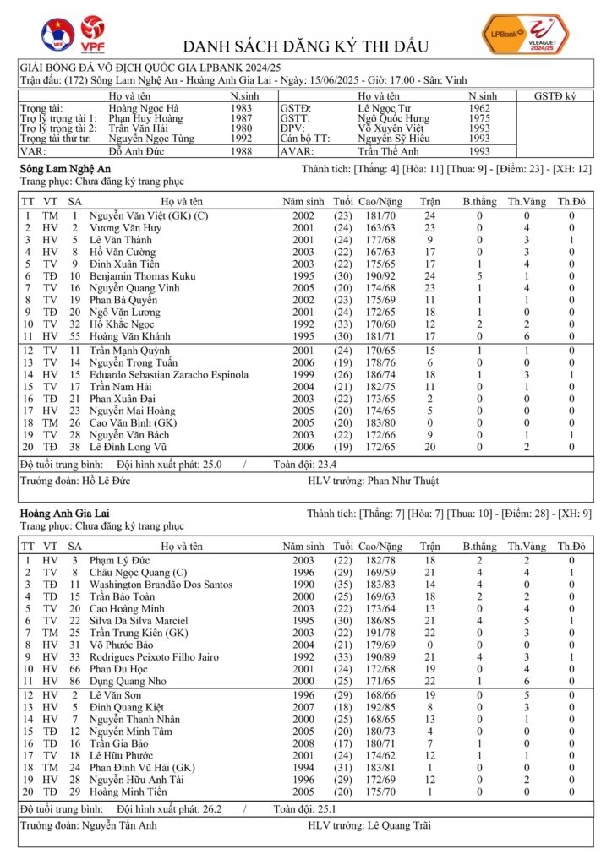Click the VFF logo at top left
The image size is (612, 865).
[57, 34]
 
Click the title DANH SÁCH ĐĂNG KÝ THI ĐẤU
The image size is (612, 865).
[306, 46]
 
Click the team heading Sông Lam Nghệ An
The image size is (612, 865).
[64, 170]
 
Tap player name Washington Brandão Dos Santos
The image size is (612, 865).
[161, 584]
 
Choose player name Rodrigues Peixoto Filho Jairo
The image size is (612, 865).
[157, 656]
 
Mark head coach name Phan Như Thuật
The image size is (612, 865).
[403, 481]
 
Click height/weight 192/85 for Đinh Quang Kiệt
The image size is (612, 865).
[393, 706]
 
